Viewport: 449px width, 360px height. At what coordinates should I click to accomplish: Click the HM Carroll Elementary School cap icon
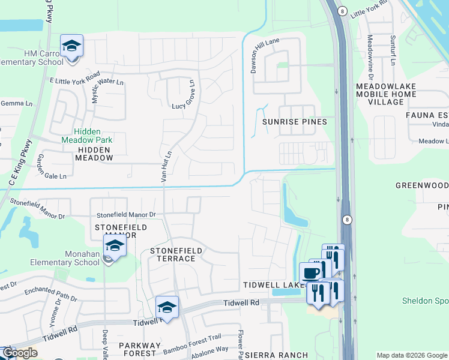pos(71,46)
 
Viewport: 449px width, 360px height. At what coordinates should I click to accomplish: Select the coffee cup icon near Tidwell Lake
pos(310,273)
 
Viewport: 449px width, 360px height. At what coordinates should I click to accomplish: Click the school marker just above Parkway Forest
pos(167,307)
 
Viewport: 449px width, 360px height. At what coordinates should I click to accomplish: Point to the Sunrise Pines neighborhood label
pos(295,122)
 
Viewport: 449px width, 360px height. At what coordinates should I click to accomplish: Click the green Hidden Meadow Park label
pos(93,136)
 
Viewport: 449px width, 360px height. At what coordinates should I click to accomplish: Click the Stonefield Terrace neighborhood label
pos(173,254)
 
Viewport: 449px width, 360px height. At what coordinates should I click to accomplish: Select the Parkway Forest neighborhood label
pos(139,350)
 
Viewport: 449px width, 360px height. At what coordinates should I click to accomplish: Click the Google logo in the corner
pos(19,353)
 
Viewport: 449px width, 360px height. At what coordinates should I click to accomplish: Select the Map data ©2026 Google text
pos(412,355)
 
